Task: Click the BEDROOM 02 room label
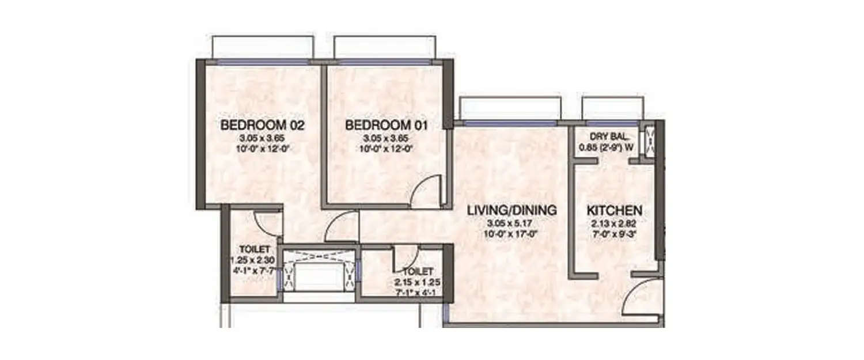[x=263, y=125]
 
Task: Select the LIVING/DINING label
[x=512, y=210]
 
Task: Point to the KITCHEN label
[x=614, y=210]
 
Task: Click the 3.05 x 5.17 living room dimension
[x=512, y=223]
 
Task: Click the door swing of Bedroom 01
[x=429, y=192]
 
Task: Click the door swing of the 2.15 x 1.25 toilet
[x=407, y=256]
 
